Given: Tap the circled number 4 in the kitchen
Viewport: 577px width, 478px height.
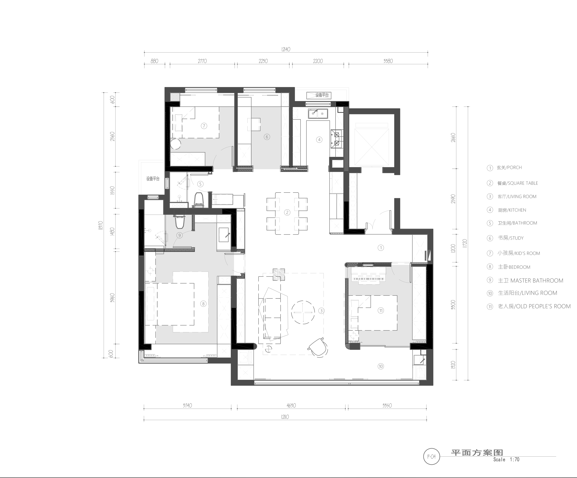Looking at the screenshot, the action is (319, 140).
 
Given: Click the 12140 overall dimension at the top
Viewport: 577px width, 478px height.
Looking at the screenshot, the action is (286, 49).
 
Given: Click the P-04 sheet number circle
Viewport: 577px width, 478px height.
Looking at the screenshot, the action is (431, 457).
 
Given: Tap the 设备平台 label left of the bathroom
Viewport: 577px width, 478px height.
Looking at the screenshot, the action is (153, 179).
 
